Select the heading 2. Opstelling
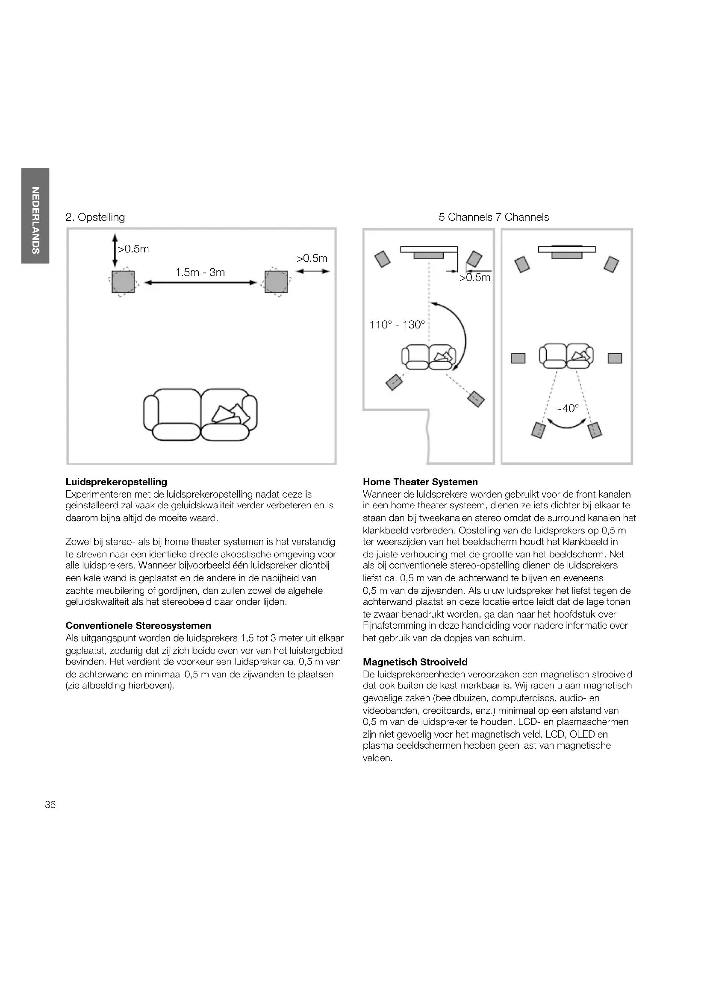(x=95, y=217)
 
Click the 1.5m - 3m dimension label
(x=200, y=273)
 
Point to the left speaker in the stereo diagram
(x=123, y=282)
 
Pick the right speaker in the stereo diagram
(x=276, y=282)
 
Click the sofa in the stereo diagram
(x=200, y=415)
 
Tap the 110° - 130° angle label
(x=397, y=325)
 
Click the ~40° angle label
(x=568, y=408)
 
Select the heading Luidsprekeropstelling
(x=116, y=482)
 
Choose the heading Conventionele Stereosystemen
(x=138, y=626)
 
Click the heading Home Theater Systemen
(x=420, y=482)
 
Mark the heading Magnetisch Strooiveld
(x=415, y=662)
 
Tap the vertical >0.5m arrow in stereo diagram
(x=115, y=250)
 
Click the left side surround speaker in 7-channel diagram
(x=518, y=358)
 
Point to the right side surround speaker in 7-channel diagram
(x=615, y=358)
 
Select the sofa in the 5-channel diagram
(x=429, y=357)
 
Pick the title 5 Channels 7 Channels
(x=494, y=217)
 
